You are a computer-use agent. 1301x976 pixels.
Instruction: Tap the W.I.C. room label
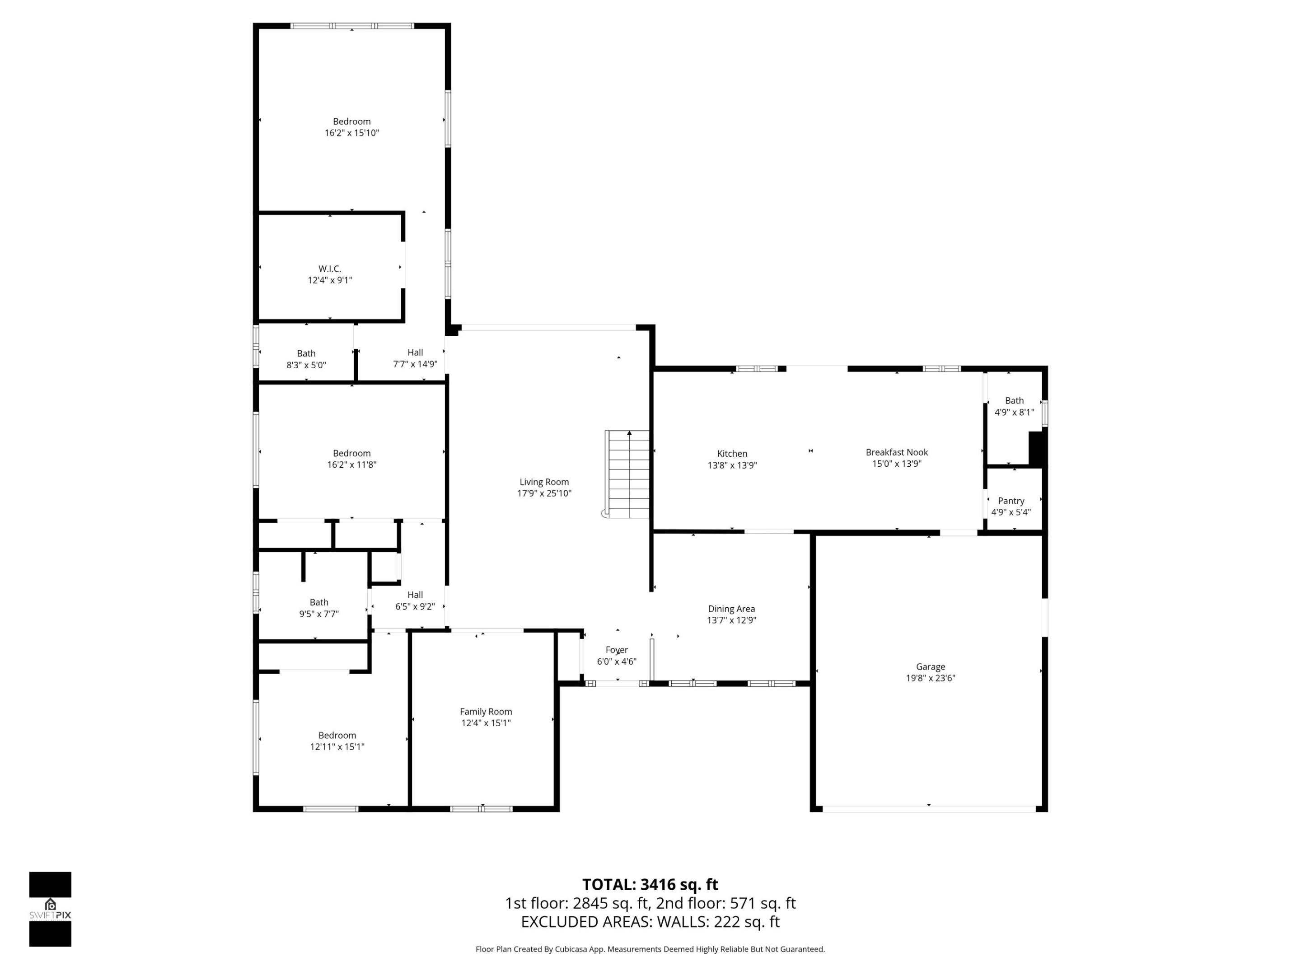tap(330, 269)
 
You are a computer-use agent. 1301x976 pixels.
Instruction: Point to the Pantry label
tap(1011, 501)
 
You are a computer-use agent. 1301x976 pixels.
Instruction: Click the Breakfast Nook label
tap(896, 452)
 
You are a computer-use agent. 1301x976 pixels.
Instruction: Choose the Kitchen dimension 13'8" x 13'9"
tap(732, 465)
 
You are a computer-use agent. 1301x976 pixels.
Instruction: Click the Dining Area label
tap(731, 609)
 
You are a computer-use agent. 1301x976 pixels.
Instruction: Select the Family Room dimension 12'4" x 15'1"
tap(486, 723)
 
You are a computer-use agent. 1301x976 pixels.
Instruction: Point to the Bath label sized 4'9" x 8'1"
tap(1014, 401)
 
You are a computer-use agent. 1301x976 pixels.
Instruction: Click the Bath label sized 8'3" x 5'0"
tap(306, 353)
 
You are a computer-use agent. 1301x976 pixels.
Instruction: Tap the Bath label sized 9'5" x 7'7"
tap(319, 602)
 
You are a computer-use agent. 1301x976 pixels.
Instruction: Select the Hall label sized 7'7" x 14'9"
tap(415, 352)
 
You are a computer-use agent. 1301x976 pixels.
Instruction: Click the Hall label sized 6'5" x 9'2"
tap(415, 595)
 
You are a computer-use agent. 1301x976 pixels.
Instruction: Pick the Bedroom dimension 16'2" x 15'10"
tap(352, 133)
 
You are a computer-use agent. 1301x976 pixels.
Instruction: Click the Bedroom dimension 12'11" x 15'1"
tap(337, 746)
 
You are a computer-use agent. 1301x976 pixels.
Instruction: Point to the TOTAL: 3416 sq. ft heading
tap(650, 885)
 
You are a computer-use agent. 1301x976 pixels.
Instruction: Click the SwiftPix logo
tap(50, 909)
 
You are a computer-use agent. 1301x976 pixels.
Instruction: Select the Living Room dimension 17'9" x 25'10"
tap(544, 493)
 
